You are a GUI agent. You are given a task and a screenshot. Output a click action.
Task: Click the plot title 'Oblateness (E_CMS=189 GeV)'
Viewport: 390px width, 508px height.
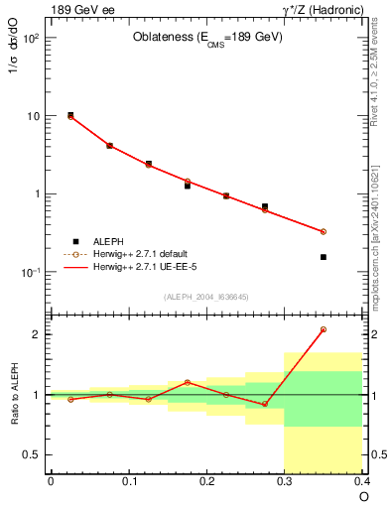coord(207,38)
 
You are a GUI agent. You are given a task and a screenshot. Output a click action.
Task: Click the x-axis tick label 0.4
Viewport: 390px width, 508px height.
coord(362,481)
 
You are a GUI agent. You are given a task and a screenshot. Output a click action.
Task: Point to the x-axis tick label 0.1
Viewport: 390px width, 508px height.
coord(129,481)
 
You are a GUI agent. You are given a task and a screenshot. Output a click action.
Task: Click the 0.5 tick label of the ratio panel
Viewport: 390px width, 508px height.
coord(32,455)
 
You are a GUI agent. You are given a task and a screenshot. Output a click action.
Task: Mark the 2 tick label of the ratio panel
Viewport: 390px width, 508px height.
coord(36,334)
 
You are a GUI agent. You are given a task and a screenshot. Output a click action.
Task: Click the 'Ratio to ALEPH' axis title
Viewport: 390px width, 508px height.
coord(13,394)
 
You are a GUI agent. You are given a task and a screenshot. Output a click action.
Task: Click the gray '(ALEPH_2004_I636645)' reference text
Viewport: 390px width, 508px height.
coord(206,296)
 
